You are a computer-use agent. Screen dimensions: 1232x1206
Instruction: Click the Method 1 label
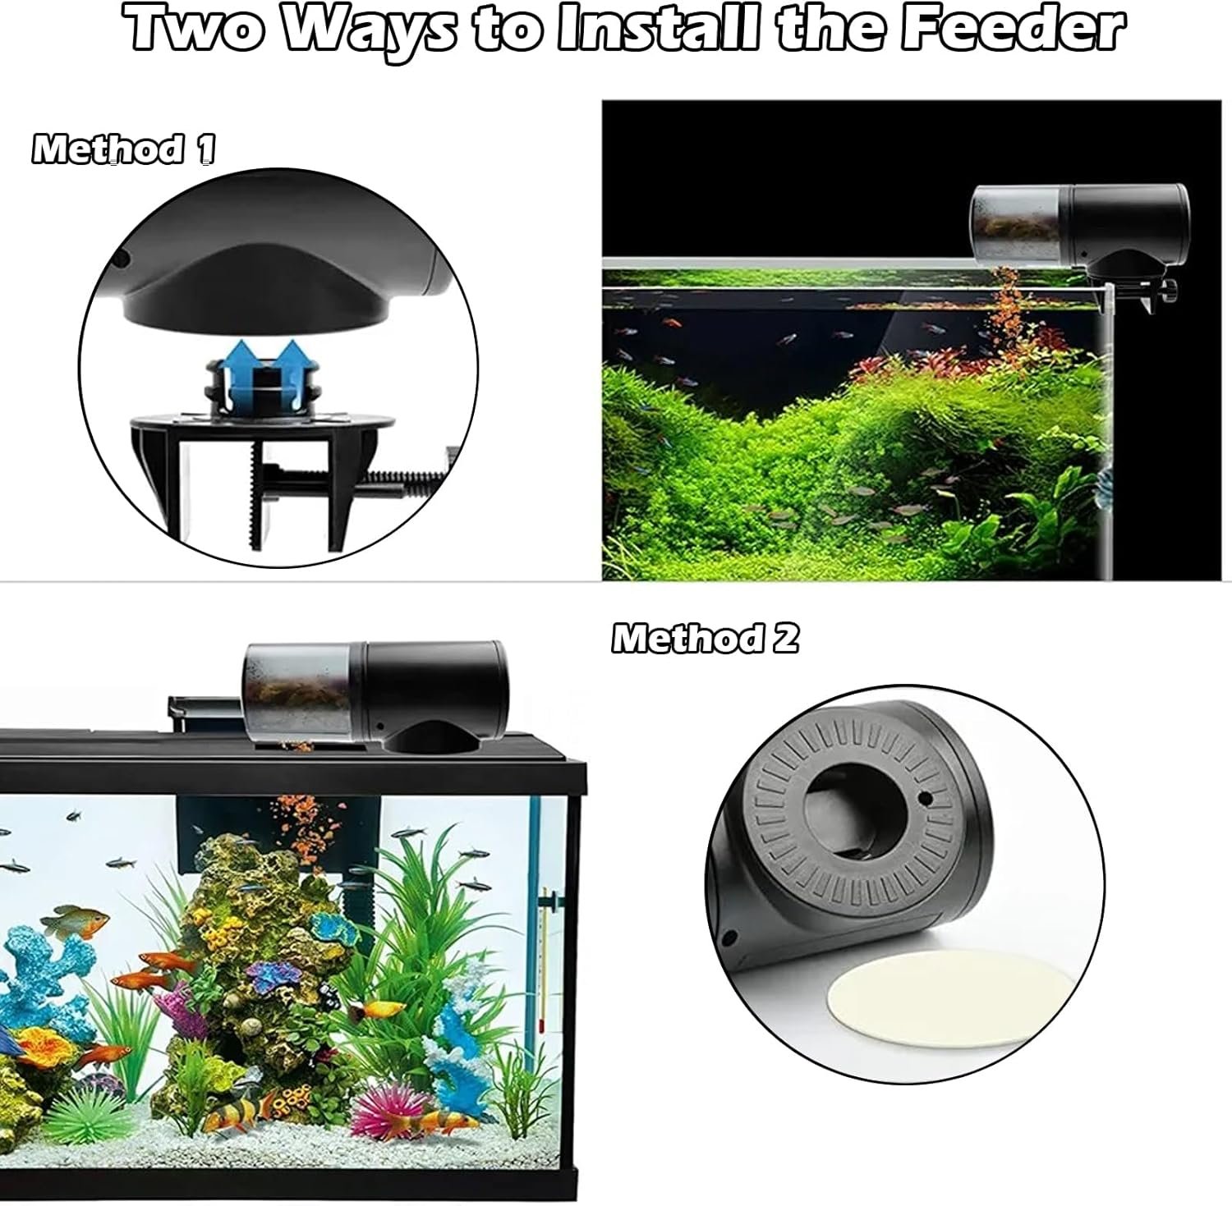pos(124,149)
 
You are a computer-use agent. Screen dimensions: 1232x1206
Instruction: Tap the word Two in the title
pos(201,29)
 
